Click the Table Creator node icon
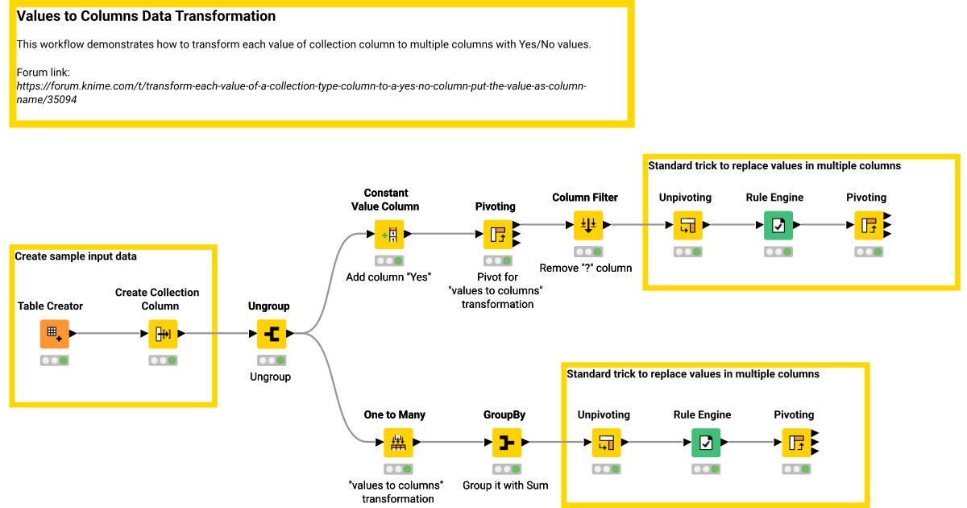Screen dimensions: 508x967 54,333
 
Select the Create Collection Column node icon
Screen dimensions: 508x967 163,333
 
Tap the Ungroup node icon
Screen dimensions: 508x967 272,333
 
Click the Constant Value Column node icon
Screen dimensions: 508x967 388,234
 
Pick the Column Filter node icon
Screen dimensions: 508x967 587,225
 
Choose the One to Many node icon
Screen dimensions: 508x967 398,442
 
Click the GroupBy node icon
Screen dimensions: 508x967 506,442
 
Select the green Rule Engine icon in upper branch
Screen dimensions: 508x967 778,225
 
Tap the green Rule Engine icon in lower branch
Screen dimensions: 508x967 706,442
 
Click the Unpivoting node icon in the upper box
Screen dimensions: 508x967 687,225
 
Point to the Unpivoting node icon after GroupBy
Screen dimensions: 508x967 607,442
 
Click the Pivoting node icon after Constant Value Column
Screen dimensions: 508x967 497,234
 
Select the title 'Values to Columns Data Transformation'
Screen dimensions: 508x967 146,16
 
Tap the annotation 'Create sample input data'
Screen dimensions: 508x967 76,256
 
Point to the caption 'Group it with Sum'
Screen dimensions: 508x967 505,485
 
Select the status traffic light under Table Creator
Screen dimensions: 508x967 54,360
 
